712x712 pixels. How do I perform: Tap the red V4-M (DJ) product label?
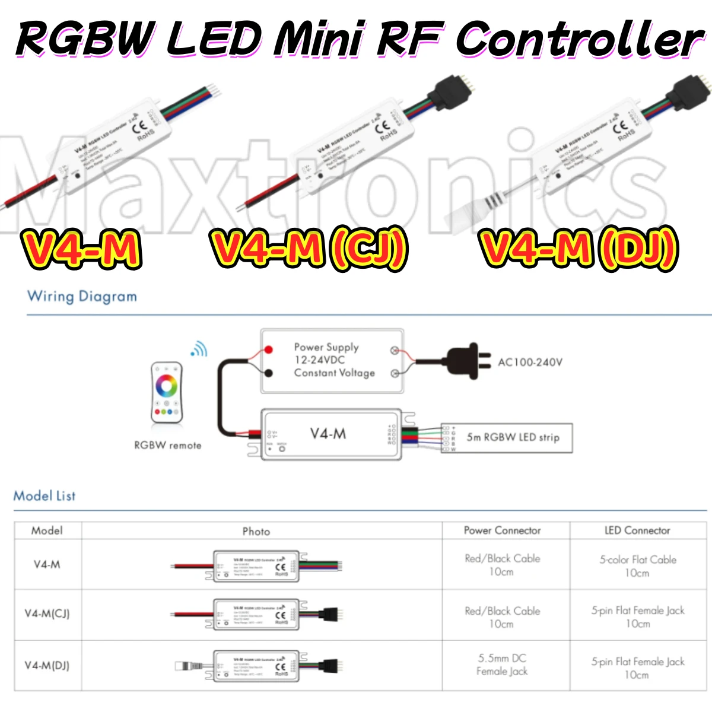(578, 249)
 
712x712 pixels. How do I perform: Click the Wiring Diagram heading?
(82, 296)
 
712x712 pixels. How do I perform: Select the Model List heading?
(44, 495)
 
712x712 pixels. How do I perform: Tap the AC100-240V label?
(530, 362)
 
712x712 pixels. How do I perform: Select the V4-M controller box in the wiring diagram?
(331, 434)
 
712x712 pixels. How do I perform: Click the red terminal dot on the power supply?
(268, 349)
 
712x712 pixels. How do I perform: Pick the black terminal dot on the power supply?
(268, 373)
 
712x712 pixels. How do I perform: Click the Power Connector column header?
(502, 530)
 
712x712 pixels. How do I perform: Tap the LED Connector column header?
(637, 530)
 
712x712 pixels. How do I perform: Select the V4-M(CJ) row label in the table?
(47, 614)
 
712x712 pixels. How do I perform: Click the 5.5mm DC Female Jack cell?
(502, 665)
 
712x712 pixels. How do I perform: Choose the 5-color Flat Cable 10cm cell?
(637, 566)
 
